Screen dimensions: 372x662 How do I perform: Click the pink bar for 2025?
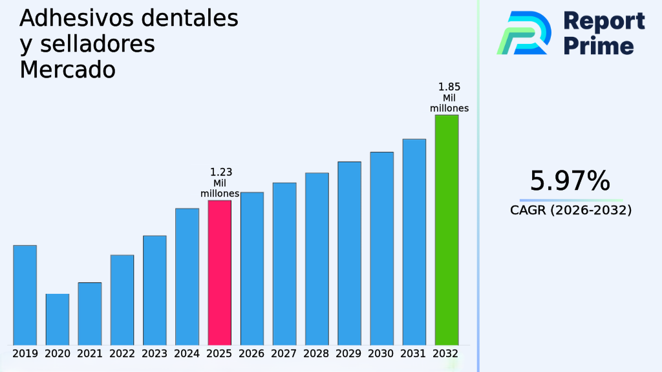(219, 272)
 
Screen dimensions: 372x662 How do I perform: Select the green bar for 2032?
(446, 229)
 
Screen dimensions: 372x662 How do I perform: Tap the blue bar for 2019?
(25, 294)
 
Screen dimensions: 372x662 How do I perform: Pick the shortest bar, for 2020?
(57, 319)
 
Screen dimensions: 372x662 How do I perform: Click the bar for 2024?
(187, 276)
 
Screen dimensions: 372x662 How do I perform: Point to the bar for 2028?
(317, 258)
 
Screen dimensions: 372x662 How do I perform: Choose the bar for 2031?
(414, 242)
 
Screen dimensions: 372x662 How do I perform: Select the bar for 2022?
(122, 299)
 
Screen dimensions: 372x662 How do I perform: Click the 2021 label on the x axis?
(89, 354)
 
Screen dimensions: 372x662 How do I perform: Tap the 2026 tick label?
(251, 354)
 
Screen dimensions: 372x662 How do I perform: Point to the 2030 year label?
(381, 354)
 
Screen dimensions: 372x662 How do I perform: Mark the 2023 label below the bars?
(155, 354)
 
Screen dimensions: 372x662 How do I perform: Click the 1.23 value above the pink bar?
(221, 172)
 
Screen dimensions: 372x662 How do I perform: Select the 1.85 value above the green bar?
(449, 87)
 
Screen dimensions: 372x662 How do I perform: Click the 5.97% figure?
(570, 181)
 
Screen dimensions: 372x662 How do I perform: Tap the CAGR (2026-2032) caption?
(571, 210)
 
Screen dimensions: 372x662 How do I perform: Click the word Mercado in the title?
(67, 69)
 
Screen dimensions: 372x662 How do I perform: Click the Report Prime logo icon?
(524, 32)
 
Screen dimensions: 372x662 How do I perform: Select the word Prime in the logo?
(599, 46)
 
